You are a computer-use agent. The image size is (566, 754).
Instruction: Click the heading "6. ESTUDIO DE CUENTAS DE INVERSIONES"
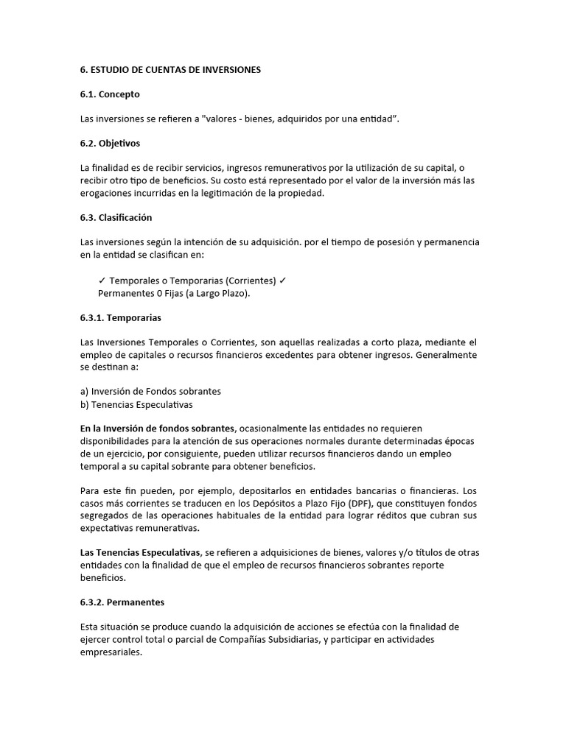170,70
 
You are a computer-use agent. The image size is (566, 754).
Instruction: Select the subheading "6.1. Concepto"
110,94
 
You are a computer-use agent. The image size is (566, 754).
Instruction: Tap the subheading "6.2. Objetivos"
110,143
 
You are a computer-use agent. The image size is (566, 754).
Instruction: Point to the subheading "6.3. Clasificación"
116,217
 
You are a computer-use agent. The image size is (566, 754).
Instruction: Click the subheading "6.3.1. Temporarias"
120,317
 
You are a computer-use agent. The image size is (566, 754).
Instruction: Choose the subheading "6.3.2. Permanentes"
122,602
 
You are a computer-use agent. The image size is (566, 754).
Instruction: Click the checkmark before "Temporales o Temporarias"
102,281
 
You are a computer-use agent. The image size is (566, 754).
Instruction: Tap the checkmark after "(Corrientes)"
283,281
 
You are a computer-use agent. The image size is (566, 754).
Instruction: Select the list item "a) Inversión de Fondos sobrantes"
150,391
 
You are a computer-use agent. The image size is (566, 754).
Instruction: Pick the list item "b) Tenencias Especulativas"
136,404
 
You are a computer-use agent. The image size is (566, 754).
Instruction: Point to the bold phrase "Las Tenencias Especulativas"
140,552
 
